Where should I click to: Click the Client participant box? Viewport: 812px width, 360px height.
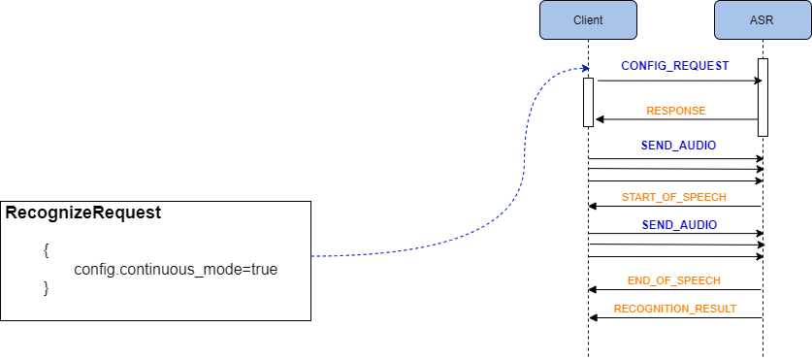coord(588,20)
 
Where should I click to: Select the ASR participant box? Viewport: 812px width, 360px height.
coord(763,20)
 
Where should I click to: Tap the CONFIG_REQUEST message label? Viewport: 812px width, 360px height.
coord(675,66)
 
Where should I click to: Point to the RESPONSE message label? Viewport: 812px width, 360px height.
coord(676,111)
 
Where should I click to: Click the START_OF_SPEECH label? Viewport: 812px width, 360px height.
coord(675,198)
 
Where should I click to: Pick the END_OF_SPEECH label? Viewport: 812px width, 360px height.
coord(674,280)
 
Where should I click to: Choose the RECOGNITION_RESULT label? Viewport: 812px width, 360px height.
coord(675,309)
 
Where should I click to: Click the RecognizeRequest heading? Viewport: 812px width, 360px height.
coord(83,213)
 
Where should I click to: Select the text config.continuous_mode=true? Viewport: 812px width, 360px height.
coord(176,269)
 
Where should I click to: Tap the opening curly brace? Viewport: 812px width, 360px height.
coord(46,249)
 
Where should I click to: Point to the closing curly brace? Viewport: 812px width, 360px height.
coord(46,287)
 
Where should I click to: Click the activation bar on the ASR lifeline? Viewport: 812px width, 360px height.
coord(763,97)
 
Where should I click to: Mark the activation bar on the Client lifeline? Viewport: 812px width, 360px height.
coord(588,102)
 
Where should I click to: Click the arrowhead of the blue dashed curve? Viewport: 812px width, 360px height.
coord(585,69)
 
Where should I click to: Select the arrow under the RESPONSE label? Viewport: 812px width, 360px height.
coord(675,119)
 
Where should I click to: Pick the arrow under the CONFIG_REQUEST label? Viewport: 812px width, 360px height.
coord(675,82)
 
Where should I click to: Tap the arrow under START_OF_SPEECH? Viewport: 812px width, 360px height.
coord(675,206)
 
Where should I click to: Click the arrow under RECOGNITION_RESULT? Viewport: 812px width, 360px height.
coord(675,317)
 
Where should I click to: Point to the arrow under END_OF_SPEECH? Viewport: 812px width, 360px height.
coord(675,289)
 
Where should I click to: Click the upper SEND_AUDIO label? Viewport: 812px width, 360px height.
coord(678,146)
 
